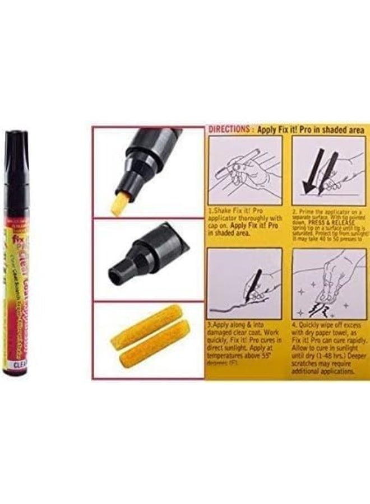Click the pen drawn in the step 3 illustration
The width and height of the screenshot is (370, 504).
click(x=253, y=283)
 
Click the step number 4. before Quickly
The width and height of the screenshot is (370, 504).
click(x=295, y=323)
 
